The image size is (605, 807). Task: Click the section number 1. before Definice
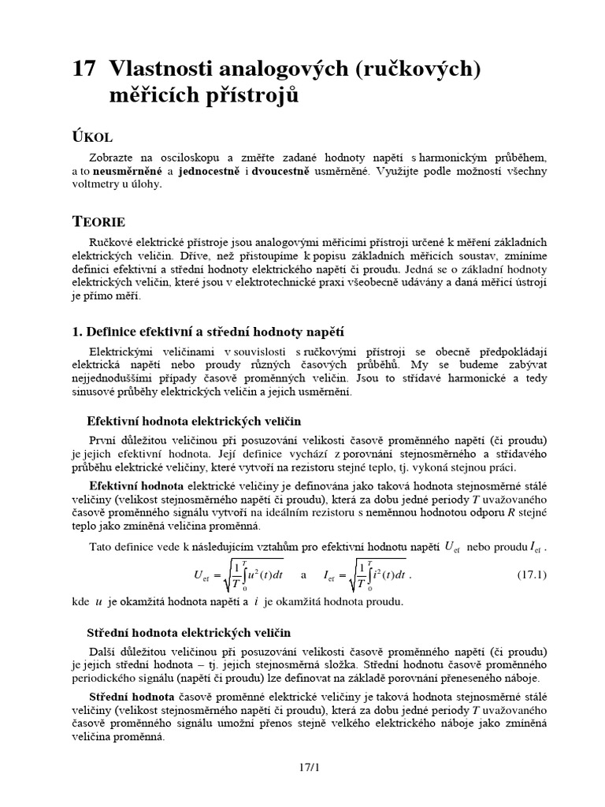(77, 332)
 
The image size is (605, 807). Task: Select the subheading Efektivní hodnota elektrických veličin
(193, 422)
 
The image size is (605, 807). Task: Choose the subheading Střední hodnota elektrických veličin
(188, 633)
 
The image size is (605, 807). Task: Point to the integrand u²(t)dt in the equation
(253, 575)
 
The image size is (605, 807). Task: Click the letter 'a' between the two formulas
(304, 575)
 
